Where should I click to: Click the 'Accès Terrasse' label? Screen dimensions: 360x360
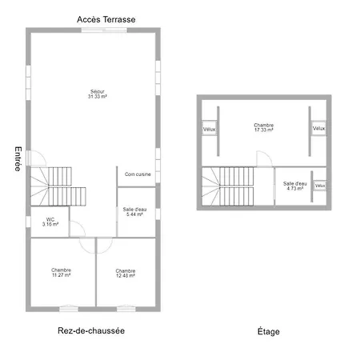coord(106,19)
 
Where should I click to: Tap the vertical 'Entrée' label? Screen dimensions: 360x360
coord(18,158)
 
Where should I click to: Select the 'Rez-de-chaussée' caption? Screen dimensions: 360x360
coord(91,330)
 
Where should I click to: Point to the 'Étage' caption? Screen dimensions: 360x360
coord(269,331)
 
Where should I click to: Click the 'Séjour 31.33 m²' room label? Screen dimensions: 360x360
coord(98,94)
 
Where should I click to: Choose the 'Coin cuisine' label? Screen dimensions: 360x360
coord(138,174)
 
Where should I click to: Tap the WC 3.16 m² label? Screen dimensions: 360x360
coord(50,222)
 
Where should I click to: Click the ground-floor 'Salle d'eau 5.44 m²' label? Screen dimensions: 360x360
coord(134,212)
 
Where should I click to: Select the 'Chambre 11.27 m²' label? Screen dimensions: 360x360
coord(62,273)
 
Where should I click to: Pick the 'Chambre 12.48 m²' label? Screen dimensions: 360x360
coord(126,273)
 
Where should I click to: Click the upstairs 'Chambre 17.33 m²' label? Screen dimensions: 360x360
coord(264,127)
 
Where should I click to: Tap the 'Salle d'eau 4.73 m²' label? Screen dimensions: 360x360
coord(295,186)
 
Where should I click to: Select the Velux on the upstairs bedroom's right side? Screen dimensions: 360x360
coord(319,128)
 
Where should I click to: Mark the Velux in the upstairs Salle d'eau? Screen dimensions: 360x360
coord(320,186)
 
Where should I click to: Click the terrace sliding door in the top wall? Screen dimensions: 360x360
coord(104,30)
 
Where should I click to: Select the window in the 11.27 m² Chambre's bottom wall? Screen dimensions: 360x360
coord(69,309)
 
